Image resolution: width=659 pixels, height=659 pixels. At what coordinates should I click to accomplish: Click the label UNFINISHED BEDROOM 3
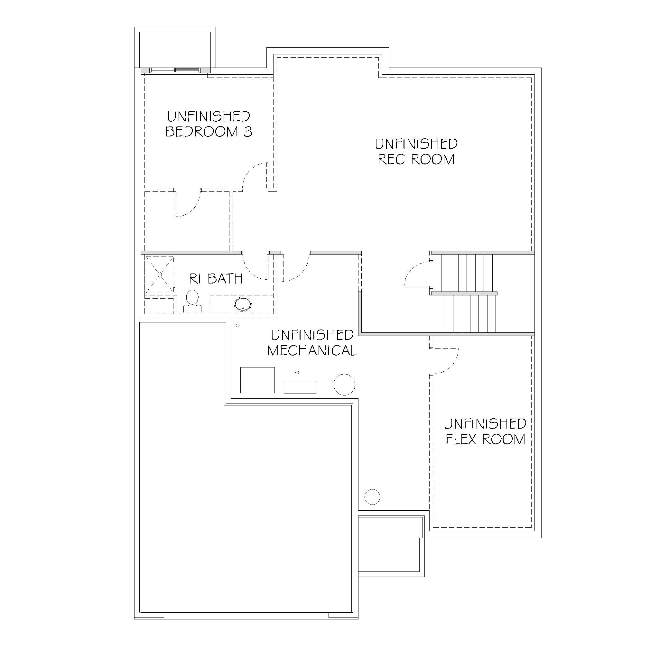tap(209, 124)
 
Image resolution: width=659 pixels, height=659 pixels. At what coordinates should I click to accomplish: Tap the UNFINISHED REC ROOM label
tap(416, 152)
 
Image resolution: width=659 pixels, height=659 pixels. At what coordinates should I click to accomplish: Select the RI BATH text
tap(216, 279)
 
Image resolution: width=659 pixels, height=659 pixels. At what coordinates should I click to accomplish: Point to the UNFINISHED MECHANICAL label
tap(312, 343)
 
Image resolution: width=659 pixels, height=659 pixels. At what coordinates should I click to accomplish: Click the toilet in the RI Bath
tap(193, 301)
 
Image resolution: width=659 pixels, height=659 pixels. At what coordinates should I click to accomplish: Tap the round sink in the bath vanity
tap(243, 304)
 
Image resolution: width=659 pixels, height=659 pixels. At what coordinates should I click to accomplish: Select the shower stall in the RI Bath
tap(160, 274)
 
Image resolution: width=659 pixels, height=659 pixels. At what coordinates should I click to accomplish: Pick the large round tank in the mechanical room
tap(344, 385)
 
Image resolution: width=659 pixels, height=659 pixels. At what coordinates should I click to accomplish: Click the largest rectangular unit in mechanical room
tap(257, 380)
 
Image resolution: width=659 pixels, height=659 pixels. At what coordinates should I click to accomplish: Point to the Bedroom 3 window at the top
tap(175, 70)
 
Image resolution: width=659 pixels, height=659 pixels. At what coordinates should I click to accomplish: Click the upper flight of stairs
tap(467, 273)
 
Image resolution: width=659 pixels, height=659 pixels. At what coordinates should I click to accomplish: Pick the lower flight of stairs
tap(470, 313)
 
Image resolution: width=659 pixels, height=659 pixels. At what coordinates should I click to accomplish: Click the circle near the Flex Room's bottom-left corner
tap(373, 497)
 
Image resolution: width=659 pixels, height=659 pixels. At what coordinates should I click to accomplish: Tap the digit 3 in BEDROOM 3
tap(248, 131)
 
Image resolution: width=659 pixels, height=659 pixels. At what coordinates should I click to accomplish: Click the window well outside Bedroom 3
tap(175, 47)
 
